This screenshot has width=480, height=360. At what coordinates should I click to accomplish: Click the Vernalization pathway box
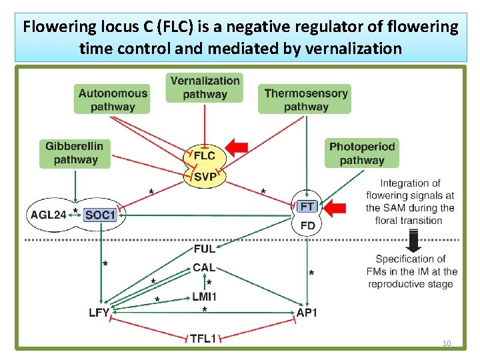pos(205,87)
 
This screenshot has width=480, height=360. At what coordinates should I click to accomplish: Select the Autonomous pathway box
pos(112,100)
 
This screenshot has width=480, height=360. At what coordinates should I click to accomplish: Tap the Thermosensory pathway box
pos(306,100)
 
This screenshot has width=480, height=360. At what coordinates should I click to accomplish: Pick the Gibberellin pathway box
pos(75,153)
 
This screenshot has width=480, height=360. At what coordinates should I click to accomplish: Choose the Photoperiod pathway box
pos(362,153)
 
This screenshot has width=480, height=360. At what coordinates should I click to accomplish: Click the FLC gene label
pos(205,155)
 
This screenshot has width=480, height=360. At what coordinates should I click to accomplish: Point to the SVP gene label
pos(205,177)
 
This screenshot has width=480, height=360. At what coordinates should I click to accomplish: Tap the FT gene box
pos(308,207)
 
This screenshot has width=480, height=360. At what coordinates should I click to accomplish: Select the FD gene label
pos(308,226)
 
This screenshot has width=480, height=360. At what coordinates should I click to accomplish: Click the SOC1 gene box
pos(101,215)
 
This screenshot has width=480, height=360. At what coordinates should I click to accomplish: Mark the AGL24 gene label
pos(49,215)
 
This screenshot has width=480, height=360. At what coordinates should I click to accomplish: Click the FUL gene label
pos(204,249)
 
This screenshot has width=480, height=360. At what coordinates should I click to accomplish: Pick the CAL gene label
pos(204,267)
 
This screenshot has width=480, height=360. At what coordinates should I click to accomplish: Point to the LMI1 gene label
pos(204,296)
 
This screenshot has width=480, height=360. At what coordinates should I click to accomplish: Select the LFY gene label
pos(99,313)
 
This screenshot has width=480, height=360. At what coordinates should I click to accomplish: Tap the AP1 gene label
pos(307,313)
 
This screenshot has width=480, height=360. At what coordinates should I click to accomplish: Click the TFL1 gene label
pos(203,339)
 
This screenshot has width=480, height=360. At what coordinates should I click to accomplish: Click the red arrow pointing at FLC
pos(237,147)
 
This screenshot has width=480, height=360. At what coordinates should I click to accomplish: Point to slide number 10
pos(447,343)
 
